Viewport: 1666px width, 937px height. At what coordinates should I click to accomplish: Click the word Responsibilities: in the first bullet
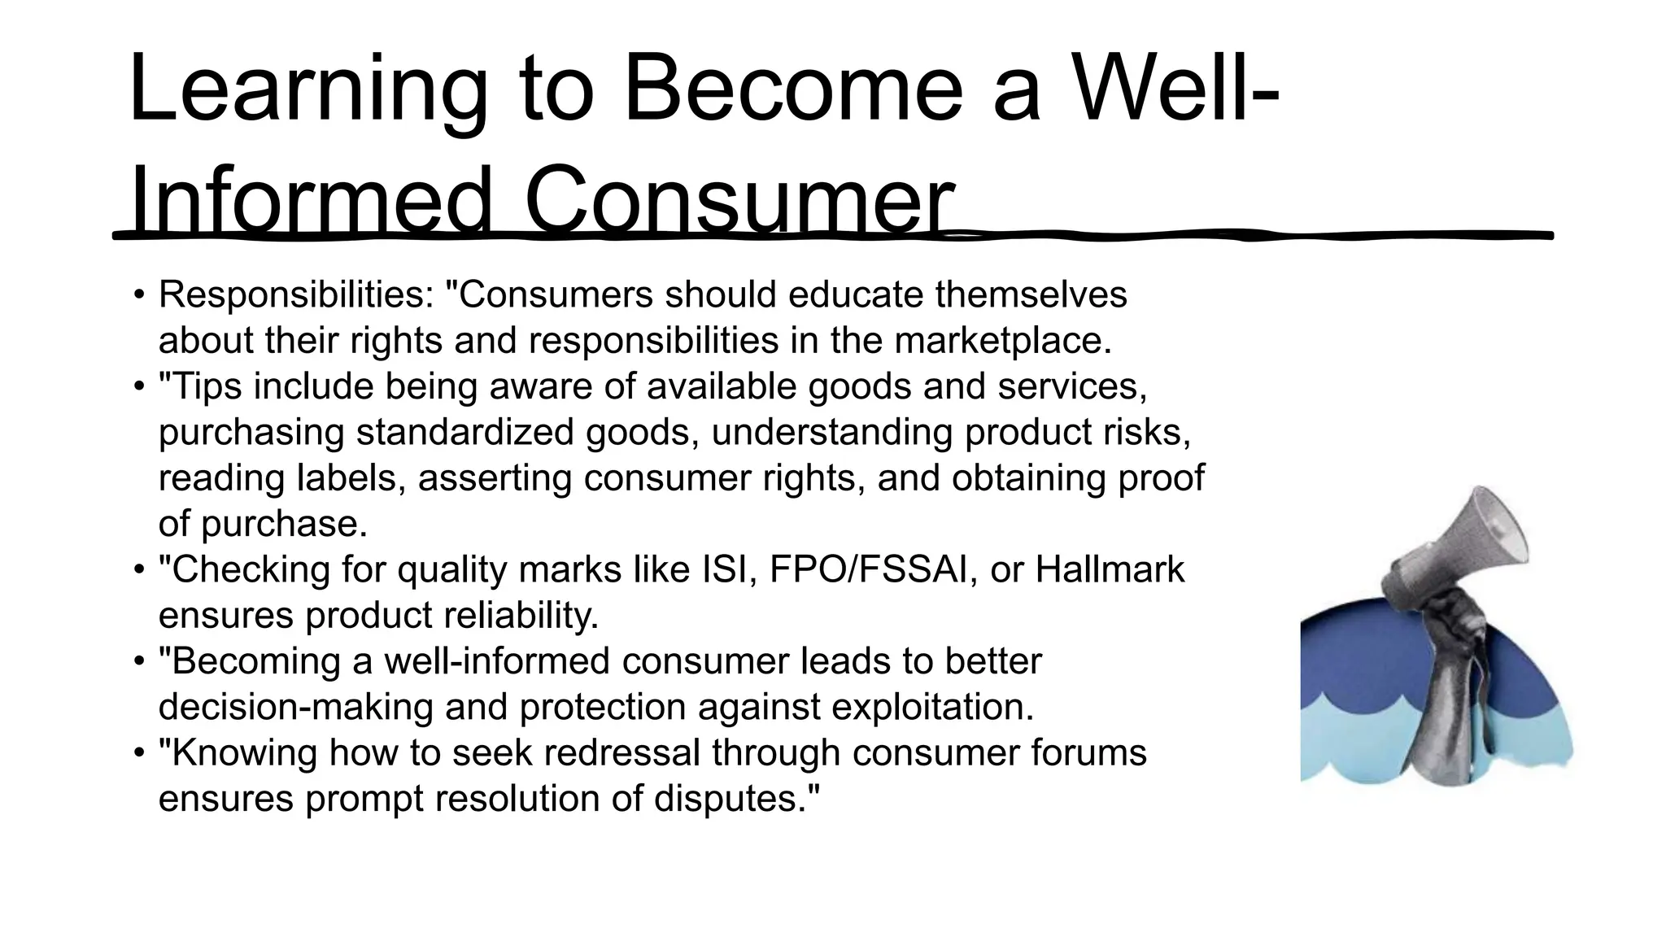[x=297, y=294]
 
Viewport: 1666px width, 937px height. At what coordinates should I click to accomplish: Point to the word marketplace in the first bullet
[x=1001, y=340]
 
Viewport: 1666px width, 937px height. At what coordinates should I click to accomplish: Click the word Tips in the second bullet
[x=207, y=386]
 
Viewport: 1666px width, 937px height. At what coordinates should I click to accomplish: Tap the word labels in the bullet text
[x=351, y=477]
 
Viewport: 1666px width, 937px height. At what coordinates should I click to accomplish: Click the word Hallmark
[x=1110, y=569]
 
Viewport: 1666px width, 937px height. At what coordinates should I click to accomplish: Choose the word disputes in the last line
[x=737, y=798]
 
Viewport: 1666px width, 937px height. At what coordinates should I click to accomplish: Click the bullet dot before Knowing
[x=139, y=752]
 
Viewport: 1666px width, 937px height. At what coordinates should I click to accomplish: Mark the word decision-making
[x=295, y=707]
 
